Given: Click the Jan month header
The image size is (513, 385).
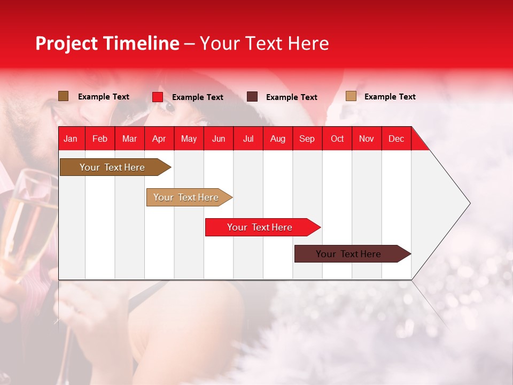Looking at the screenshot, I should tap(71, 138).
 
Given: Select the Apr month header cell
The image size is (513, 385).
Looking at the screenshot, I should tap(159, 138).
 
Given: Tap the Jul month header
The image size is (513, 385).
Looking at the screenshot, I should tap(248, 138).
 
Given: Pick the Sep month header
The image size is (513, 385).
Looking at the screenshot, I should tap(307, 138).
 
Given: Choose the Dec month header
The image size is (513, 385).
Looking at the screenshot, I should tap(396, 138).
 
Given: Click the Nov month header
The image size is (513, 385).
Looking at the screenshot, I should tap(367, 138).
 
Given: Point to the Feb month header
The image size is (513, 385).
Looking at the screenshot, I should tap(100, 138).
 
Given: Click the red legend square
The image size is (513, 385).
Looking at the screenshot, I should tap(158, 97).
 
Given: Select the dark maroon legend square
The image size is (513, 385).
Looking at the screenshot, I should tap(252, 97).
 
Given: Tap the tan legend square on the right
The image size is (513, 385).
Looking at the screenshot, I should tap(351, 96).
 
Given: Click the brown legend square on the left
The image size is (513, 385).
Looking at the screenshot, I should tap(64, 96).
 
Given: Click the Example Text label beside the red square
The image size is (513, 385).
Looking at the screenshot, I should tap(198, 97).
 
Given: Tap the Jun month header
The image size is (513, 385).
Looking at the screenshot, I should tap(219, 138).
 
